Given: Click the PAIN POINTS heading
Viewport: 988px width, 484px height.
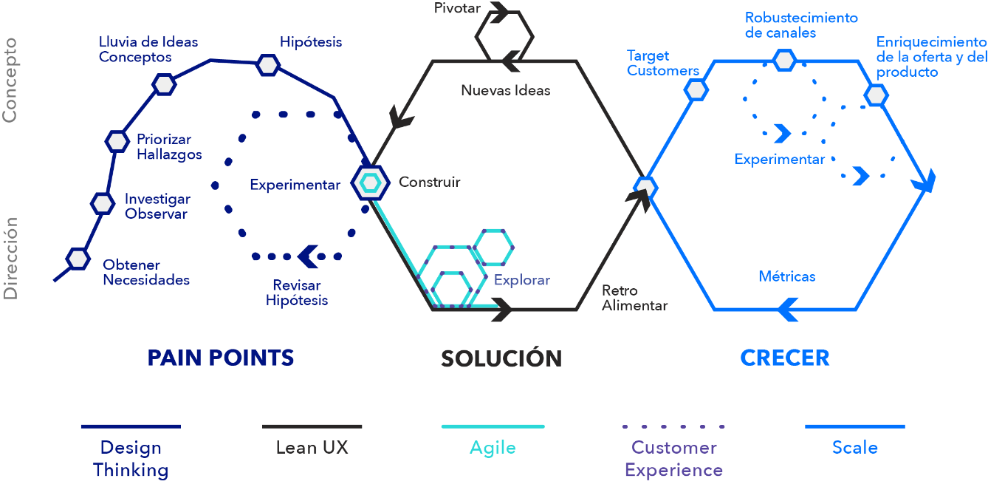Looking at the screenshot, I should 221,358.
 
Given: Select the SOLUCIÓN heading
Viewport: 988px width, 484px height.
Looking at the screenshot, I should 501,358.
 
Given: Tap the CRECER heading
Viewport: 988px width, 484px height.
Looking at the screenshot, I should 785,358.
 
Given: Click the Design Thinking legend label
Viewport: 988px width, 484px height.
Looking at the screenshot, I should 131,459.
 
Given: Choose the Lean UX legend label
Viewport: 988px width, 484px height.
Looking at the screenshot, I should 312,448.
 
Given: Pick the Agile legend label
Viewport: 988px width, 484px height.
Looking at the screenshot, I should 493,448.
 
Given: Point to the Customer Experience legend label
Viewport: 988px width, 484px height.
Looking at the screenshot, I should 673,459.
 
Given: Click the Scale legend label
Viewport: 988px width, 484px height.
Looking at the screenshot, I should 855,448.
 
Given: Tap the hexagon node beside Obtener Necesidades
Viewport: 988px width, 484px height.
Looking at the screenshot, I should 78,259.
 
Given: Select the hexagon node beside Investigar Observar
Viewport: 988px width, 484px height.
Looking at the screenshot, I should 102,202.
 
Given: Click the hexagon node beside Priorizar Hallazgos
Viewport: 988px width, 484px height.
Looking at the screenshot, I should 117,140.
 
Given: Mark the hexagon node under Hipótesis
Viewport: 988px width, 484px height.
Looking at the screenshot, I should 268,65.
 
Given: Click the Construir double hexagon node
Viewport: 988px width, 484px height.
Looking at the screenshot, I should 370,182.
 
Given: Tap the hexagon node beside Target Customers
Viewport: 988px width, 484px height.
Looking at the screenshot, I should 696,90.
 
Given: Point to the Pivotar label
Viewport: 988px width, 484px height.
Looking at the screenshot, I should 458,9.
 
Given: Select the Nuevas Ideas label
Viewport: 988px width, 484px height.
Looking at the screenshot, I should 506,91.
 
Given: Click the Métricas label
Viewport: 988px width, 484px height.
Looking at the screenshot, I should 787,276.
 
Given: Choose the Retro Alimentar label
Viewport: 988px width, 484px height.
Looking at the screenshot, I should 634,298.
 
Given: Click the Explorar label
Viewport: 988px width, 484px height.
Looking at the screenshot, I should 522,280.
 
